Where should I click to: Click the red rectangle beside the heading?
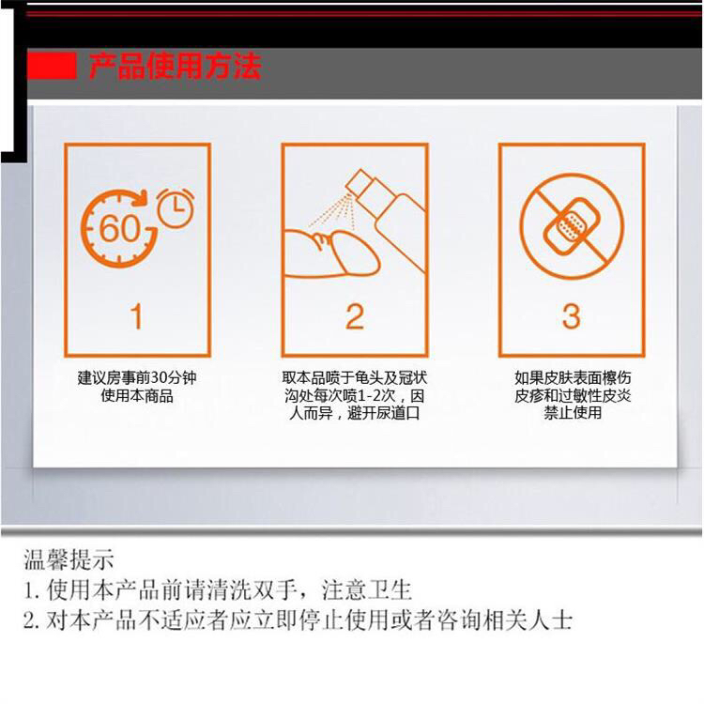tap(52, 66)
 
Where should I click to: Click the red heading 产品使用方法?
tap(176, 66)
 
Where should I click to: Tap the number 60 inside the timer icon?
tap(119, 228)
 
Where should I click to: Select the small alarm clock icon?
tap(176, 208)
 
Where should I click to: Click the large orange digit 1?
tap(137, 316)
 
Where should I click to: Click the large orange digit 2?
tap(355, 316)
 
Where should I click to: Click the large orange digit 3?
tap(572, 316)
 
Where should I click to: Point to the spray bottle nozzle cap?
tap(359, 182)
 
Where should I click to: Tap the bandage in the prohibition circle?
tap(571, 226)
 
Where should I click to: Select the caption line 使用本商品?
tap(137, 396)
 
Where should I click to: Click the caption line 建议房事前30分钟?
tap(137, 377)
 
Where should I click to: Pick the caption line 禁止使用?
tap(573, 413)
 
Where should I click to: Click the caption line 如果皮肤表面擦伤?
tap(573, 377)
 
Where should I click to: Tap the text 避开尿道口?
tap(383, 413)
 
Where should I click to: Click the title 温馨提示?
tap(69, 559)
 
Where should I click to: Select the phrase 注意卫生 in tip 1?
tap(366, 590)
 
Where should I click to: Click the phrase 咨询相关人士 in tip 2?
tap(504, 620)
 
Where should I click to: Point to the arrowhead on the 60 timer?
tap(143, 197)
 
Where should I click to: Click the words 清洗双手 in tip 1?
tap(253, 590)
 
